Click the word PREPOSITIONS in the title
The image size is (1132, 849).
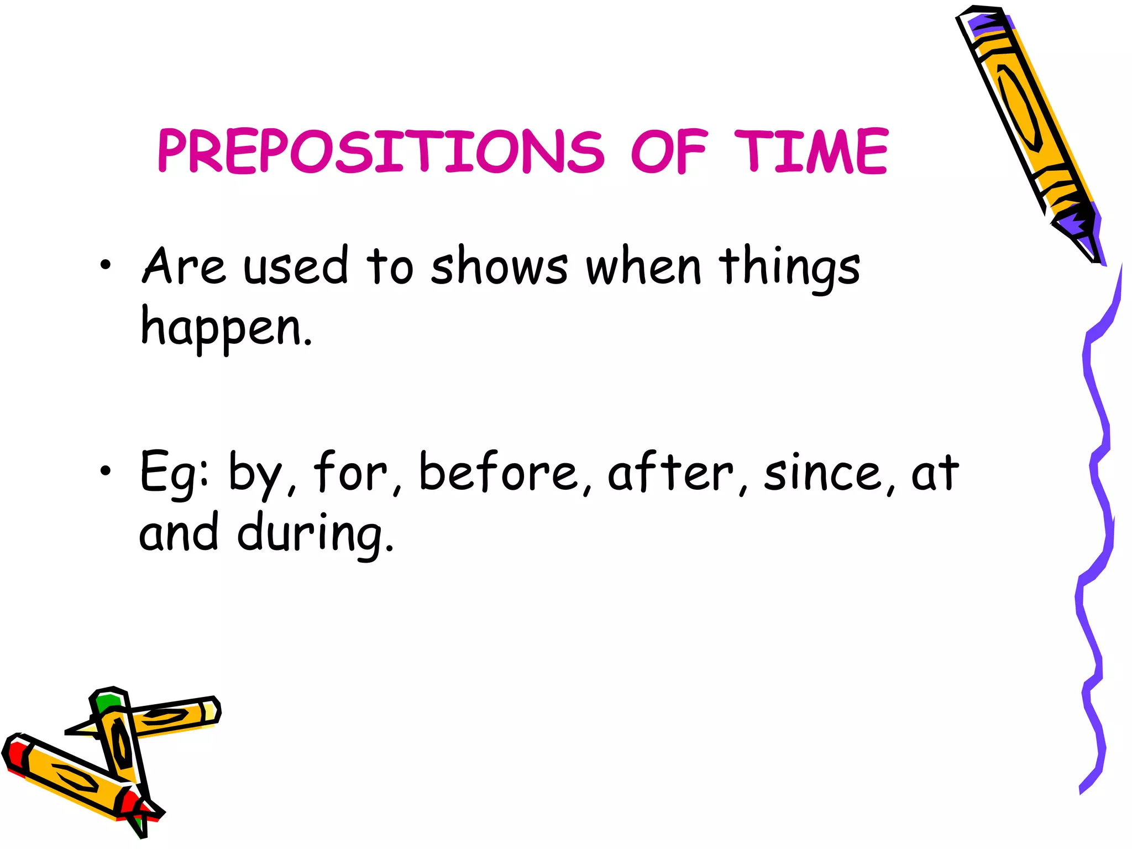(x=381, y=151)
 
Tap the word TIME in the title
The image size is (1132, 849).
(x=810, y=151)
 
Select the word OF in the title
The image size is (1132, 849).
(x=669, y=151)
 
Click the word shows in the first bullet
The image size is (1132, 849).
(x=499, y=266)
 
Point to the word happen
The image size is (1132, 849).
(x=227, y=328)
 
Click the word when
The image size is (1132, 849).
(x=644, y=266)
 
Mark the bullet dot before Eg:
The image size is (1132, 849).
(x=106, y=470)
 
